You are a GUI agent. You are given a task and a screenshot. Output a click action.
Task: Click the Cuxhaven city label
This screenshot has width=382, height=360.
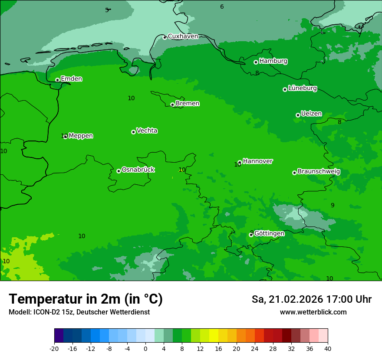pos(183,36)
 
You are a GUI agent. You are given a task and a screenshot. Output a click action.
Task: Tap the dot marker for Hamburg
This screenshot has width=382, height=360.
pos(256,62)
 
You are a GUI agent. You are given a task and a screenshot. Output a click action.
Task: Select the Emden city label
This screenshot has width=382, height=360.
pos(71,79)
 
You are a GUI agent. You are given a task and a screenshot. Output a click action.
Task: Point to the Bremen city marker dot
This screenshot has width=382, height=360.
pos(172,105)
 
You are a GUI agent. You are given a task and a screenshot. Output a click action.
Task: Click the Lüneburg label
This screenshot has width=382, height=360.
pos(302,88)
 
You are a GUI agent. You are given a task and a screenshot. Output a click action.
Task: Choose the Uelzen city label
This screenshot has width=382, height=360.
pos(311,114)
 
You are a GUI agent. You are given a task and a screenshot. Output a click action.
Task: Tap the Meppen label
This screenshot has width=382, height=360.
pos(81,136)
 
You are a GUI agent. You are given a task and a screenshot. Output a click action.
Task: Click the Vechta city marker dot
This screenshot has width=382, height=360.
pos(133,132)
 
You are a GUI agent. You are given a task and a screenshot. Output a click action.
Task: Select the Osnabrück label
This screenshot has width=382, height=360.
pos(138,170)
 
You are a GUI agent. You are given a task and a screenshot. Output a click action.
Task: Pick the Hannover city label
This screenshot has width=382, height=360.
pos(257,161)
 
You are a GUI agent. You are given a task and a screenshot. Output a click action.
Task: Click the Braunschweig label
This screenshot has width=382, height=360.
pos(319,172)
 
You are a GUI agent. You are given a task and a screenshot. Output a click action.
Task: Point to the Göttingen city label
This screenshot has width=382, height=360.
pos(269,233)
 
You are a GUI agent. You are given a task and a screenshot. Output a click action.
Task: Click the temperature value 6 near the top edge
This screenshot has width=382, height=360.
pos(222,7)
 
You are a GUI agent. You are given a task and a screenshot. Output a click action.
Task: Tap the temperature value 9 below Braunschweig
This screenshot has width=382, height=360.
pos(333,205)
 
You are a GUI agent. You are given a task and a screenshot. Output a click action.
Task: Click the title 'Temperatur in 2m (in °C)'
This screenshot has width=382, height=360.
pos(86,299)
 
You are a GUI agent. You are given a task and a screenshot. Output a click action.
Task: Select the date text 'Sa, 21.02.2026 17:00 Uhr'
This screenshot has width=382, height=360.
pos(311,299)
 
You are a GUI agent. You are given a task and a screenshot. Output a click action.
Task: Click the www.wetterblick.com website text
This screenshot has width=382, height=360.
pos(313,312)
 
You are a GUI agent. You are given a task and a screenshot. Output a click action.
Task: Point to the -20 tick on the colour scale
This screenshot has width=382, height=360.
pos(54,348)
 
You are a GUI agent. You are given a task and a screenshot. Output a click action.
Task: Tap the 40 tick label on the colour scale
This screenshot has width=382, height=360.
pos(328,348)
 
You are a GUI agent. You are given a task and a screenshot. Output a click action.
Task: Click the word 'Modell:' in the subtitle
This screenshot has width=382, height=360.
pos(19,312)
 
